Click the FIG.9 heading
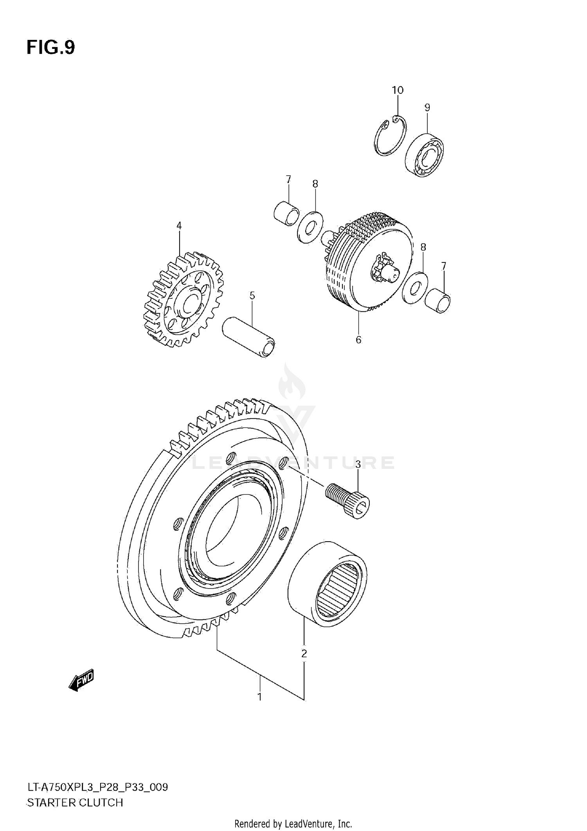[50, 48]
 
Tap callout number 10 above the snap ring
[397, 90]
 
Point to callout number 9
[427, 108]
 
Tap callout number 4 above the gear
[179, 226]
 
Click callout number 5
[252, 296]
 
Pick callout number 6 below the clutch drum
[358, 340]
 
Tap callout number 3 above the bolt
[358, 464]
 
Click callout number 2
[304, 653]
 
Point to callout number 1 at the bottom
[259, 696]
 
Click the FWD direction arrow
[81, 680]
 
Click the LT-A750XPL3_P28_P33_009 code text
[97, 787]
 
